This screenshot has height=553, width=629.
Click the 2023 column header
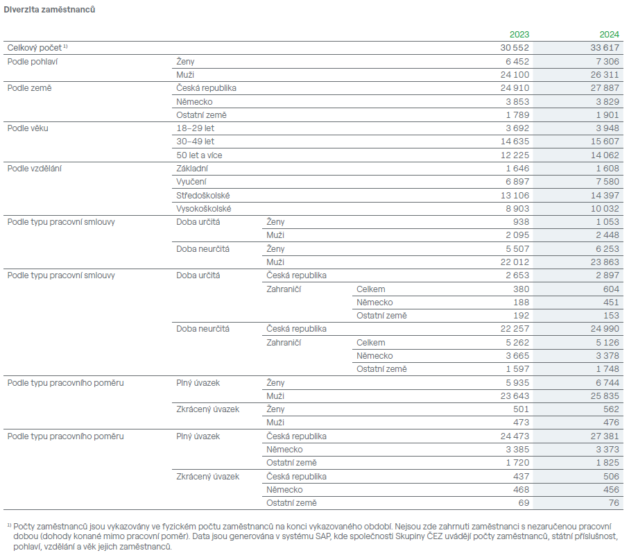click(x=519, y=35)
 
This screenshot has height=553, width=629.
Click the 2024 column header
click(x=610, y=35)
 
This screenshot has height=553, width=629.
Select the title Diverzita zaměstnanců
click(x=49, y=10)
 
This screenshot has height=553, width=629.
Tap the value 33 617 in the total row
click(x=605, y=48)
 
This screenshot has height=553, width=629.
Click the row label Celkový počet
click(x=35, y=48)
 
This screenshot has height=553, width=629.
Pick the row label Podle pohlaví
click(x=33, y=61)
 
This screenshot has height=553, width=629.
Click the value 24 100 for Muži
click(x=515, y=75)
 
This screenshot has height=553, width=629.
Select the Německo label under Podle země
click(x=194, y=102)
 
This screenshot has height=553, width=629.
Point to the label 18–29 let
click(x=195, y=128)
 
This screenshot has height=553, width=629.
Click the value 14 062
click(x=605, y=155)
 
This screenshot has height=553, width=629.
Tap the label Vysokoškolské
click(x=203, y=209)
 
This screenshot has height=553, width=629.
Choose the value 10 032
click(x=605, y=209)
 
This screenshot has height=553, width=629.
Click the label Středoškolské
click(x=203, y=196)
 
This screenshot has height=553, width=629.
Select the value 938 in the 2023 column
click(x=521, y=222)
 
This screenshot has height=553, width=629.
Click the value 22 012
click(x=515, y=262)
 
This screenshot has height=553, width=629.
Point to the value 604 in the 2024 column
click(x=611, y=289)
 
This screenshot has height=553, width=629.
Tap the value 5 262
click(x=517, y=343)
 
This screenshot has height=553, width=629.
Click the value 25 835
click(x=605, y=396)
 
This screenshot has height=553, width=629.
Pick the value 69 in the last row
click(x=524, y=503)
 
